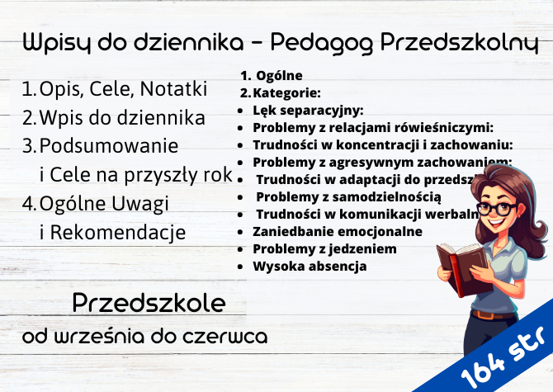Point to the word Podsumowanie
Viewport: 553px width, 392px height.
pyautogui.click(x=109, y=146)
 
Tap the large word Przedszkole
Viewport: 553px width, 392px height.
pyautogui.click(x=149, y=303)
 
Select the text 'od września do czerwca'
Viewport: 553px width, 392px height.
pyautogui.click(x=144, y=337)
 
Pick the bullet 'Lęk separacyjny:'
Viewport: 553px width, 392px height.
pyautogui.click(x=308, y=111)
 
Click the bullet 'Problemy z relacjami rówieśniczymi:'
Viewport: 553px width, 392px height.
pyautogui.click(x=373, y=127)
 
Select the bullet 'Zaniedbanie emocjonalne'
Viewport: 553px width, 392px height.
pyautogui.click(x=338, y=231)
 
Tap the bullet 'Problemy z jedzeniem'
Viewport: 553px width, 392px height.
pyautogui.click(x=324, y=248)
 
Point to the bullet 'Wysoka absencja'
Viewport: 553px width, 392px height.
pyautogui.click(x=310, y=266)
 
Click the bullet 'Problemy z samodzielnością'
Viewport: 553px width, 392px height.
pyautogui.click(x=348, y=196)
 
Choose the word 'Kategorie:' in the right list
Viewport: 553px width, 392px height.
pyautogui.click(x=286, y=92)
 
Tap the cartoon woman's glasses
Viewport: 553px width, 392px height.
pyautogui.click(x=494, y=208)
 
